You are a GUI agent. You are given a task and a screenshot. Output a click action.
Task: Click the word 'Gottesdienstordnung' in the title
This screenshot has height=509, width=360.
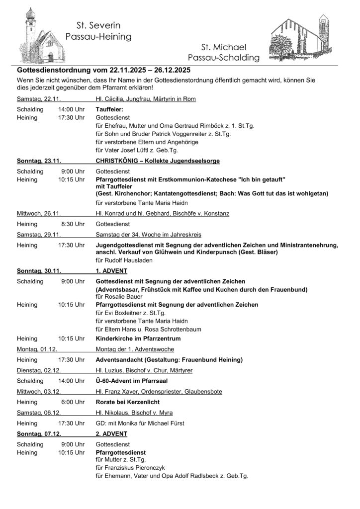click(x=56, y=71)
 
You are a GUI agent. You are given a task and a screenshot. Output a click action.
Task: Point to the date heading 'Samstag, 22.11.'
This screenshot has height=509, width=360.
click(x=38, y=99)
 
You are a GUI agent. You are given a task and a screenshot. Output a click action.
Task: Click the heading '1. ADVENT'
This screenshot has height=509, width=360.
click(x=112, y=271)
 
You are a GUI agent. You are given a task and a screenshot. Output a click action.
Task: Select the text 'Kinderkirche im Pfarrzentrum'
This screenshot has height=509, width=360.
click(x=138, y=338)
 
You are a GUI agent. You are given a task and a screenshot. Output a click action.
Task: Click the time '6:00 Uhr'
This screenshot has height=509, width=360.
click(x=74, y=402)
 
